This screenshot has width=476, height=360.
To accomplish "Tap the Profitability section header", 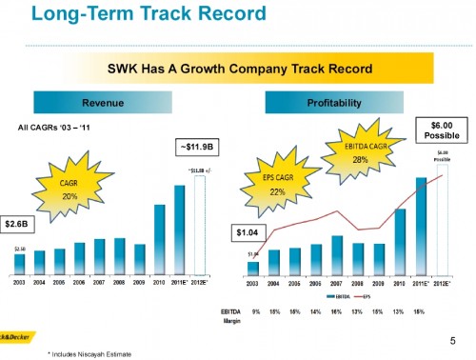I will [x=334, y=101].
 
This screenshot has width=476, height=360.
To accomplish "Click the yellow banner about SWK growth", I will [x=237, y=70].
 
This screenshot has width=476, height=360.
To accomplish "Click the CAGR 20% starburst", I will [x=69, y=189].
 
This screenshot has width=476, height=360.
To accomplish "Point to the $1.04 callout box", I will [x=249, y=231].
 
